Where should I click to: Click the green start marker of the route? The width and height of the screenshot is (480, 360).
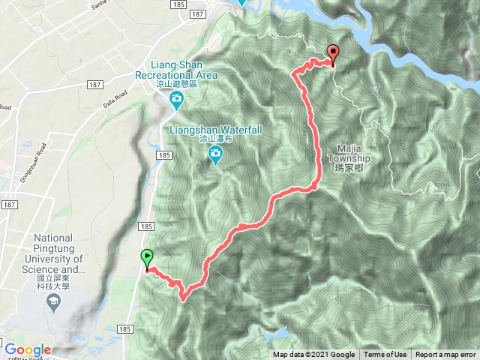click(146, 259)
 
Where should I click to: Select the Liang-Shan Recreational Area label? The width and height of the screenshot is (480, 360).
click(175, 70)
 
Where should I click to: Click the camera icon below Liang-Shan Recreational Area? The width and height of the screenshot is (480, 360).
click(175, 100)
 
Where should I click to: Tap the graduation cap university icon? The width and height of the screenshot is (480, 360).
click(54, 302)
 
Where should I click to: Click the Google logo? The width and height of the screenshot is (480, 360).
click(28, 349)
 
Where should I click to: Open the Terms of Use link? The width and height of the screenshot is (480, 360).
click(385, 355)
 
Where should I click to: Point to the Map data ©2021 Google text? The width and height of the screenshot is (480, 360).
click(313, 355)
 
